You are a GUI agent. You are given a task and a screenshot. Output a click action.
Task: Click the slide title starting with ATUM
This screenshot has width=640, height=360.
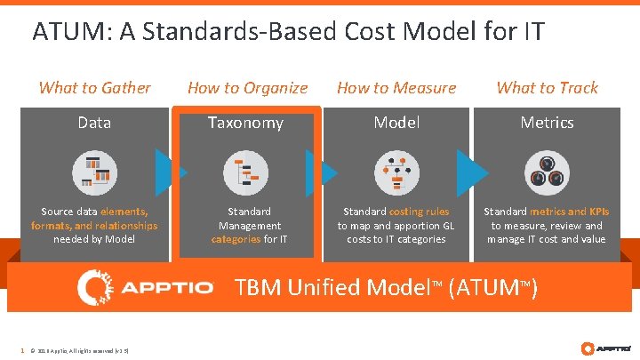point(288,32)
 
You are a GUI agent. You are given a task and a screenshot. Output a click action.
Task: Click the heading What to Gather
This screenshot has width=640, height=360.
point(94,87)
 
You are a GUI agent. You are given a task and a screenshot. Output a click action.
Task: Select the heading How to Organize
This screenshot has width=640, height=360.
point(247,87)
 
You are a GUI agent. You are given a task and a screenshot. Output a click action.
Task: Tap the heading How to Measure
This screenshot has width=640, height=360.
point(396,87)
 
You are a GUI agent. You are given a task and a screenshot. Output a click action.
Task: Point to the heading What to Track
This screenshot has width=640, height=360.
point(547,87)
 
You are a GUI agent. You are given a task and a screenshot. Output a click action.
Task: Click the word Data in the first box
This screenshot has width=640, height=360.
point(94,123)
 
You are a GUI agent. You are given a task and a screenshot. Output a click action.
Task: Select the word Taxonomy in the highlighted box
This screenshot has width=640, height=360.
point(245,123)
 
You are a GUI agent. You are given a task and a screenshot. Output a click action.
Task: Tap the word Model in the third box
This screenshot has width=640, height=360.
point(396,123)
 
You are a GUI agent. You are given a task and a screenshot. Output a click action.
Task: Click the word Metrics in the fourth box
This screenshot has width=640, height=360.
point(547,123)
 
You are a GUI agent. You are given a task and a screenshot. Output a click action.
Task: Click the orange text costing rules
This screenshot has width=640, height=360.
point(420,212)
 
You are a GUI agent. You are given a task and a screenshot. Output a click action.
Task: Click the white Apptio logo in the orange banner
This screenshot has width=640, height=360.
point(146,287)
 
